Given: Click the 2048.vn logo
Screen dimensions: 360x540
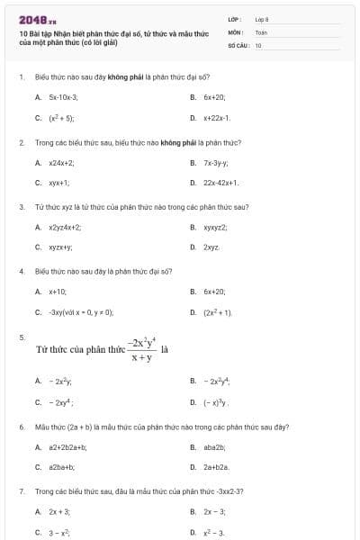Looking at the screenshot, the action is (31, 19).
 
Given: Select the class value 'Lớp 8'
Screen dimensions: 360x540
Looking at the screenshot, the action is (262, 18).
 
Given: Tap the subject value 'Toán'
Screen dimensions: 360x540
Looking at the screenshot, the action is (261, 31).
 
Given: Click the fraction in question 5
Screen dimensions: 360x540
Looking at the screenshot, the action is (139, 349).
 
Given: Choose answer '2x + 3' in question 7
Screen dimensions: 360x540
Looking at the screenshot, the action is (59, 511).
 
